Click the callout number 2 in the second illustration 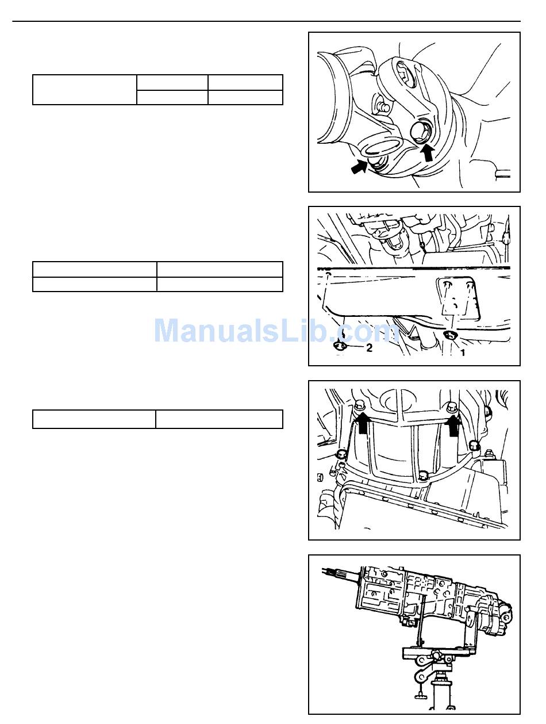(x=369, y=347)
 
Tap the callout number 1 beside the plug (x=462, y=353)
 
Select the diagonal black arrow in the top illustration (x=359, y=167)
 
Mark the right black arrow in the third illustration (x=453, y=425)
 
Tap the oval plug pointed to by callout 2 (x=340, y=346)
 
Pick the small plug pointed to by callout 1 (x=449, y=335)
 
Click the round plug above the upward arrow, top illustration (x=418, y=132)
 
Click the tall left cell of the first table (x=84, y=90)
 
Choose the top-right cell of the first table (x=245, y=82)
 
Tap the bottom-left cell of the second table (x=95, y=284)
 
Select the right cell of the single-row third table (x=219, y=419)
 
